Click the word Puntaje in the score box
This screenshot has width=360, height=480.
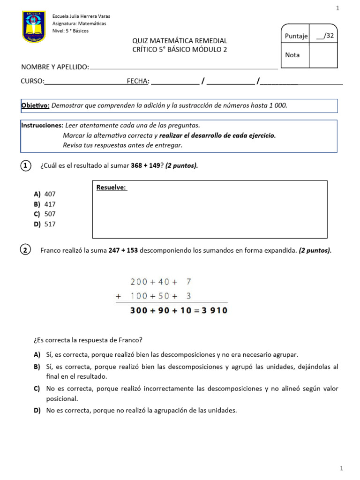pyautogui.click(x=296, y=36)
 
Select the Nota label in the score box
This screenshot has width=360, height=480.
pyautogui.click(x=292, y=55)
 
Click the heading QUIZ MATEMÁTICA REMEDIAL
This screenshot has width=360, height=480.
pyautogui.click(x=180, y=41)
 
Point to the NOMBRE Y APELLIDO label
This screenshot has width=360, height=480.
pyautogui.click(x=55, y=67)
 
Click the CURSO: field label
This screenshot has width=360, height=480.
pyautogui.click(x=32, y=81)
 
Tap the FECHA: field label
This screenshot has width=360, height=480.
pyautogui.click(x=138, y=81)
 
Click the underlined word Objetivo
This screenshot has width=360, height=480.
pyautogui.click(x=36, y=105)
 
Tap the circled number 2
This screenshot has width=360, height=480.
pyautogui.click(x=26, y=250)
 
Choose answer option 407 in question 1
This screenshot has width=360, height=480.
pyautogui.click(x=50, y=194)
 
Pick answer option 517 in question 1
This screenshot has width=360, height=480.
pyautogui.click(x=50, y=224)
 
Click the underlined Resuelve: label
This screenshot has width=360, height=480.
pyautogui.click(x=112, y=187)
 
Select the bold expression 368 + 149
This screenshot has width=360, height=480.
pyautogui.click(x=146, y=165)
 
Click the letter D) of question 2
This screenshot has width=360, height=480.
pyautogui.click(x=37, y=410)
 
